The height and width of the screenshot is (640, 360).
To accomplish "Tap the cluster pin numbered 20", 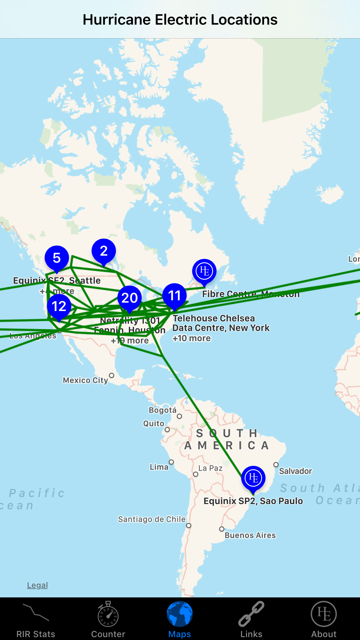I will coord(130,298).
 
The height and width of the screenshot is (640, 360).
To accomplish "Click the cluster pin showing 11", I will coord(174,296).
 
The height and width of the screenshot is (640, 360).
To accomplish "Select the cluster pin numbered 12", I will coord(59,306).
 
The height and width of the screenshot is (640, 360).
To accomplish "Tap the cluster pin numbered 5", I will coord(57,258).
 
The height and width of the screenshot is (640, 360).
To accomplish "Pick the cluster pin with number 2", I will coord(104,251).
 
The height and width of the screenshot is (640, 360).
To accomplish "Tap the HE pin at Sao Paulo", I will coord(253,478).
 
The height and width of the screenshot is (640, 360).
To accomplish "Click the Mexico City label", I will coord(86,380).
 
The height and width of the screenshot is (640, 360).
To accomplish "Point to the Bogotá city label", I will coord(163,410).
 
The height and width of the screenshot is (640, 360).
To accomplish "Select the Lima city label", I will coord(159,467).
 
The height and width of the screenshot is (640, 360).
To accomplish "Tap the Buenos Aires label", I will coord(250,535).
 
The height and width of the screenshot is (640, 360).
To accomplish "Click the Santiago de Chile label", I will coord(152,519).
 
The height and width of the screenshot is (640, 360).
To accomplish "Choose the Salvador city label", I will coord(295,471).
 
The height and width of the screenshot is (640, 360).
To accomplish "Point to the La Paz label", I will coord(210,468).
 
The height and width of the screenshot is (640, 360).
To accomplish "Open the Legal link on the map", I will coord(37,585).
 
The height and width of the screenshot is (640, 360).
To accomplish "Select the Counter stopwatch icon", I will coord(108,614).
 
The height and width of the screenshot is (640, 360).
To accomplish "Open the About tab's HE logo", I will coord(324,614).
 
